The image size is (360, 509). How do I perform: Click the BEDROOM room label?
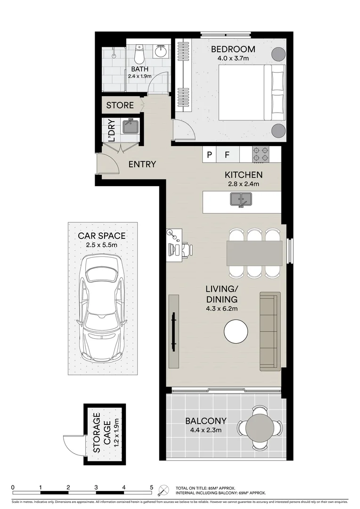point(233,49)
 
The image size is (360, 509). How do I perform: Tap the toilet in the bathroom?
point(139,55)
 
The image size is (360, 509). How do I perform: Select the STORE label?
point(120,105)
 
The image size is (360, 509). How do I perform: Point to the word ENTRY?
point(142,164)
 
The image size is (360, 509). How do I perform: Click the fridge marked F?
point(227,155)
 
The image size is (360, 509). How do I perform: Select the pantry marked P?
point(209,155)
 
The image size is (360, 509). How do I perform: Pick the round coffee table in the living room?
point(236,332)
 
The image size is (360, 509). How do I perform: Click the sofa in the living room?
point(270,331)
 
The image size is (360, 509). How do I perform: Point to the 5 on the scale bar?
point(151,487)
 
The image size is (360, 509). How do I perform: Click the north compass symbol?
point(164,490)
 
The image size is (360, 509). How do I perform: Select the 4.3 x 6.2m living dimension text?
point(221,309)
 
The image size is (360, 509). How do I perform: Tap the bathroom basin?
point(162,51)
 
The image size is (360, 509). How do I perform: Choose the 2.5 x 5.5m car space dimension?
point(102,245)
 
